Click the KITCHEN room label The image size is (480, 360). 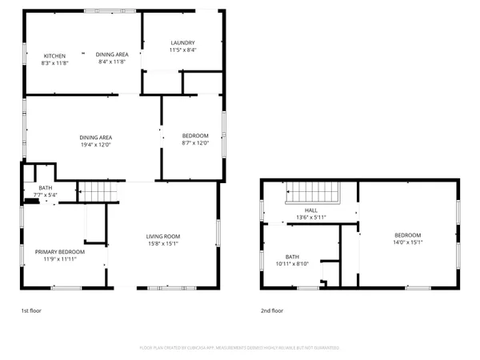tap(54, 55)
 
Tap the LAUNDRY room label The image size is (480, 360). tap(183, 42)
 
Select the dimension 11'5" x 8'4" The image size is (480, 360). tap(183, 50)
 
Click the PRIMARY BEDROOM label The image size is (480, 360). tap(59, 251)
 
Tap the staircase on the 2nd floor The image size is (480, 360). tap(314, 193)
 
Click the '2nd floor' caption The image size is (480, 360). tap(271, 310)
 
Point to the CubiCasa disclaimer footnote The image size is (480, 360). tap(239, 348)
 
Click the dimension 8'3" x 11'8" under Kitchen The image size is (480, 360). tap(54, 62)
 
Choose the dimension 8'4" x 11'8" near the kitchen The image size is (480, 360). tap(112, 62)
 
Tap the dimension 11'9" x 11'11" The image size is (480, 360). tap(59, 258)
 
